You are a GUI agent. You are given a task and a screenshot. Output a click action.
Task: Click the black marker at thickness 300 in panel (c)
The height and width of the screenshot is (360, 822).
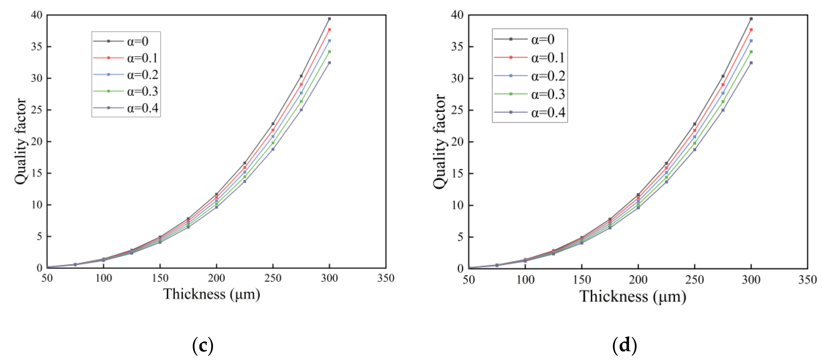pos(329,19)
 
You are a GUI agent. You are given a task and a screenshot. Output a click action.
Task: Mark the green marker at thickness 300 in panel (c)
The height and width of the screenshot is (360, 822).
pos(329,52)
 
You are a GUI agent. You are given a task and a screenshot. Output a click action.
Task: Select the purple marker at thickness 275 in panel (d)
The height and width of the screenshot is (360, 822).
pos(723,110)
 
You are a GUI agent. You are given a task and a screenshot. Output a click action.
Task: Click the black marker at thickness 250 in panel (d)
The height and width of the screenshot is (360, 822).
pos(694,124)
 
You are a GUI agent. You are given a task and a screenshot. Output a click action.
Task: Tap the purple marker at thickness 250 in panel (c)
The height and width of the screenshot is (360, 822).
pos(273,149)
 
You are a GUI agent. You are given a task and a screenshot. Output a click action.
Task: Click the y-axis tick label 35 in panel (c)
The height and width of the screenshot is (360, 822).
pos(37,47)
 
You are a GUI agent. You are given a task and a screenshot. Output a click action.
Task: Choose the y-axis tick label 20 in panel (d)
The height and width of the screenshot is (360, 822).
pos(457,142)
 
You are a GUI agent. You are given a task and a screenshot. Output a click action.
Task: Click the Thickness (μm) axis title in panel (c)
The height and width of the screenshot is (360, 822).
pos(212,294)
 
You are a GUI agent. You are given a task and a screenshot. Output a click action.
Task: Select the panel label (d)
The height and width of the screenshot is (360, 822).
pos(624,346)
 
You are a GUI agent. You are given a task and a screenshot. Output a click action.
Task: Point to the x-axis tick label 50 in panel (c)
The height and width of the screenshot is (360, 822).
pos(47,278)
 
